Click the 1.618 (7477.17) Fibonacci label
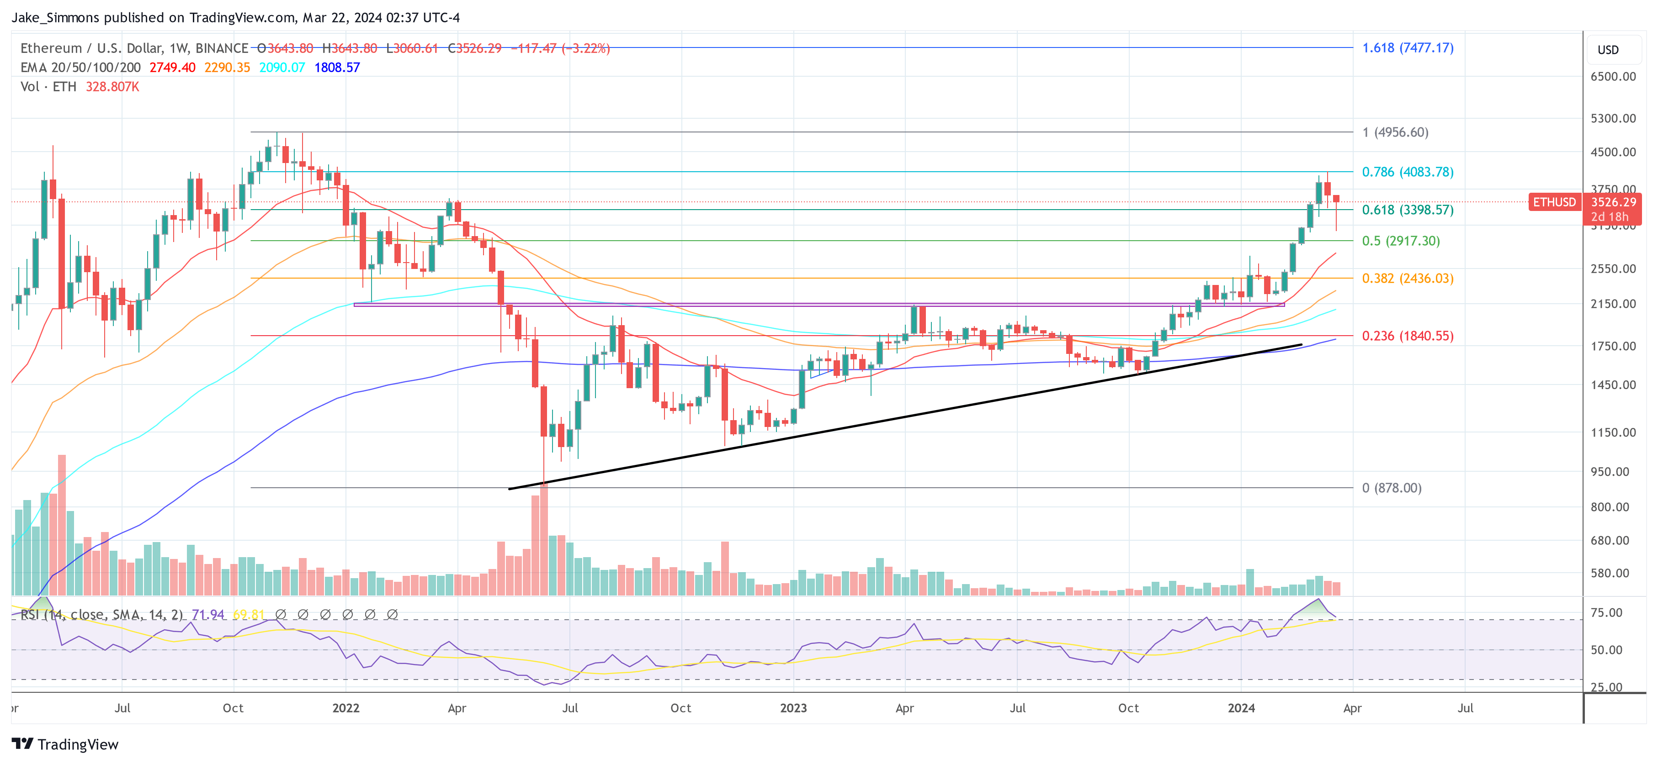pos(1407,47)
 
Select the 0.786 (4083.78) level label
pos(1407,172)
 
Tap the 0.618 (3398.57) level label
pos(1407,210)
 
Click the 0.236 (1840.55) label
pos(1407,336)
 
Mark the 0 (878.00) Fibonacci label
pos(1392,487)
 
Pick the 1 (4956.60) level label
pos(1395,132)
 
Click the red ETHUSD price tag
pos(1554,202)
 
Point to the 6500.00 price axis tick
pos(1612,77)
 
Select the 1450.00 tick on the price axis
pos(1612,385)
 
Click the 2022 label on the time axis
pos(345,708)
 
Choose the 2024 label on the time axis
pos(1241,708)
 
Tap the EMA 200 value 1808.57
pos(337,68)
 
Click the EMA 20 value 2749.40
pos(172,68)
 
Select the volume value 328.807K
pos(112,87)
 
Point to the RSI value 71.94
pos(208,615)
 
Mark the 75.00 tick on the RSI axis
pos(1606,612)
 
